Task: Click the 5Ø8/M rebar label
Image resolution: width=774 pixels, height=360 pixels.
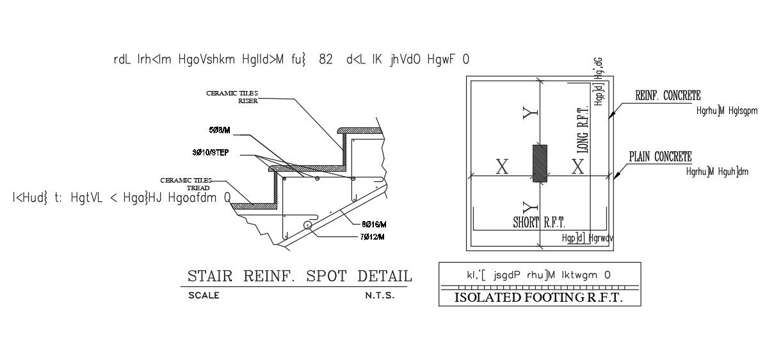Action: click(220, 130)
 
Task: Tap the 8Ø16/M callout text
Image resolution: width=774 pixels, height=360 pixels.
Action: click(374, 224)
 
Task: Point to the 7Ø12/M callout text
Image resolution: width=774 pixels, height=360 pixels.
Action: click(373, 237)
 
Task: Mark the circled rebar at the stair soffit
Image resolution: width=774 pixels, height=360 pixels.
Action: click(309, 225)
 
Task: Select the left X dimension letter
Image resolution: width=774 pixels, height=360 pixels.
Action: click(503, 168)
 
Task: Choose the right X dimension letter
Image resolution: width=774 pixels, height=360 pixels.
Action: click(577, 167)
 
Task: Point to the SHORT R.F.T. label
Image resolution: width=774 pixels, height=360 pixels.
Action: click(539, 223)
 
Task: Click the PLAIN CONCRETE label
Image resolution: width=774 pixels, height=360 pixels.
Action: click(660, 157)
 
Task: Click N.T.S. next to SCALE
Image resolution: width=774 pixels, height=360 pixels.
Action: click(380, 296)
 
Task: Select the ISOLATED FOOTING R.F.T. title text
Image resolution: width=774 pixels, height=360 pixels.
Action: click(538, 298)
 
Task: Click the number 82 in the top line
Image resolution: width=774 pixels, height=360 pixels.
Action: click(326, 60)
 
